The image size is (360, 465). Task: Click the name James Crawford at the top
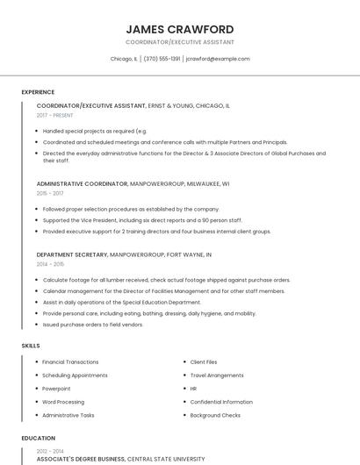(x=180, y=29)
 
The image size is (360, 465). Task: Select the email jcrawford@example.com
(x=219, y=59)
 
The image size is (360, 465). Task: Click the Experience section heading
(x=38, y=92)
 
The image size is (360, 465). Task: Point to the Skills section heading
(x=31, y=346)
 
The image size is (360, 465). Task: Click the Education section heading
(x=38, y=438)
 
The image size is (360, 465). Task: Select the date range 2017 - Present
(x=55, y=115)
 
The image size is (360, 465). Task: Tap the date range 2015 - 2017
(x=50, y=193)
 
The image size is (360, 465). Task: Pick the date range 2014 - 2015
(x=50, y=263)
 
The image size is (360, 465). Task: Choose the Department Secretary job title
(x=72, y=254)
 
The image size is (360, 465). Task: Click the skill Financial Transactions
(x=70, y=361)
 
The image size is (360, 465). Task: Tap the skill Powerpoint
(x=56, y=388)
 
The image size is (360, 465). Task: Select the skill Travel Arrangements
(x=217, y=375)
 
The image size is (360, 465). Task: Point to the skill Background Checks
(x=215, y=414)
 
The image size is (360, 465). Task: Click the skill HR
(x=193, y=388)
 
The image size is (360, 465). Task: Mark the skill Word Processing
(x=62, y=401)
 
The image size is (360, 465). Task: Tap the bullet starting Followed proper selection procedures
(x=130, y=209)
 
